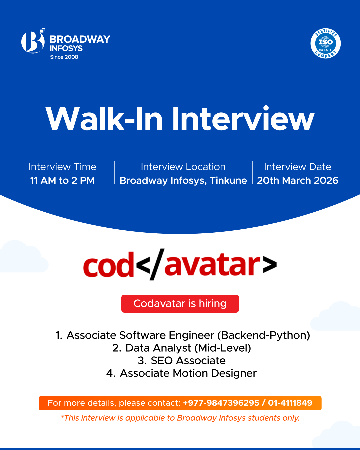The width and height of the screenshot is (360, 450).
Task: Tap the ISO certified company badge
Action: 325,43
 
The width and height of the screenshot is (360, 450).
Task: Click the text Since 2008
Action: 64,57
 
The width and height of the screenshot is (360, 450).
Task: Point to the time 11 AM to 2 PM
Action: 62,180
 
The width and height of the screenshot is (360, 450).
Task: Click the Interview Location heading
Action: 183,167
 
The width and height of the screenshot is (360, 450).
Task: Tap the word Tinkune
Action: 228,180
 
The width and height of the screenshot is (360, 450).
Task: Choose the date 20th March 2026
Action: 297,180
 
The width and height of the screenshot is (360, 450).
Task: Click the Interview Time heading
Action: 62,167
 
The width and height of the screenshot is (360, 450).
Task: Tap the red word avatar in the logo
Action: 212,265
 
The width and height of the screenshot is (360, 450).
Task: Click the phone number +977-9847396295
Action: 221,403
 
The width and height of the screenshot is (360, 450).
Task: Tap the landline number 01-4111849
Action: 290,403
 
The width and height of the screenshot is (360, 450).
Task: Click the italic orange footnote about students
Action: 180,418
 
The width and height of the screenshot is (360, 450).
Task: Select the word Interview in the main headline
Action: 243,119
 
